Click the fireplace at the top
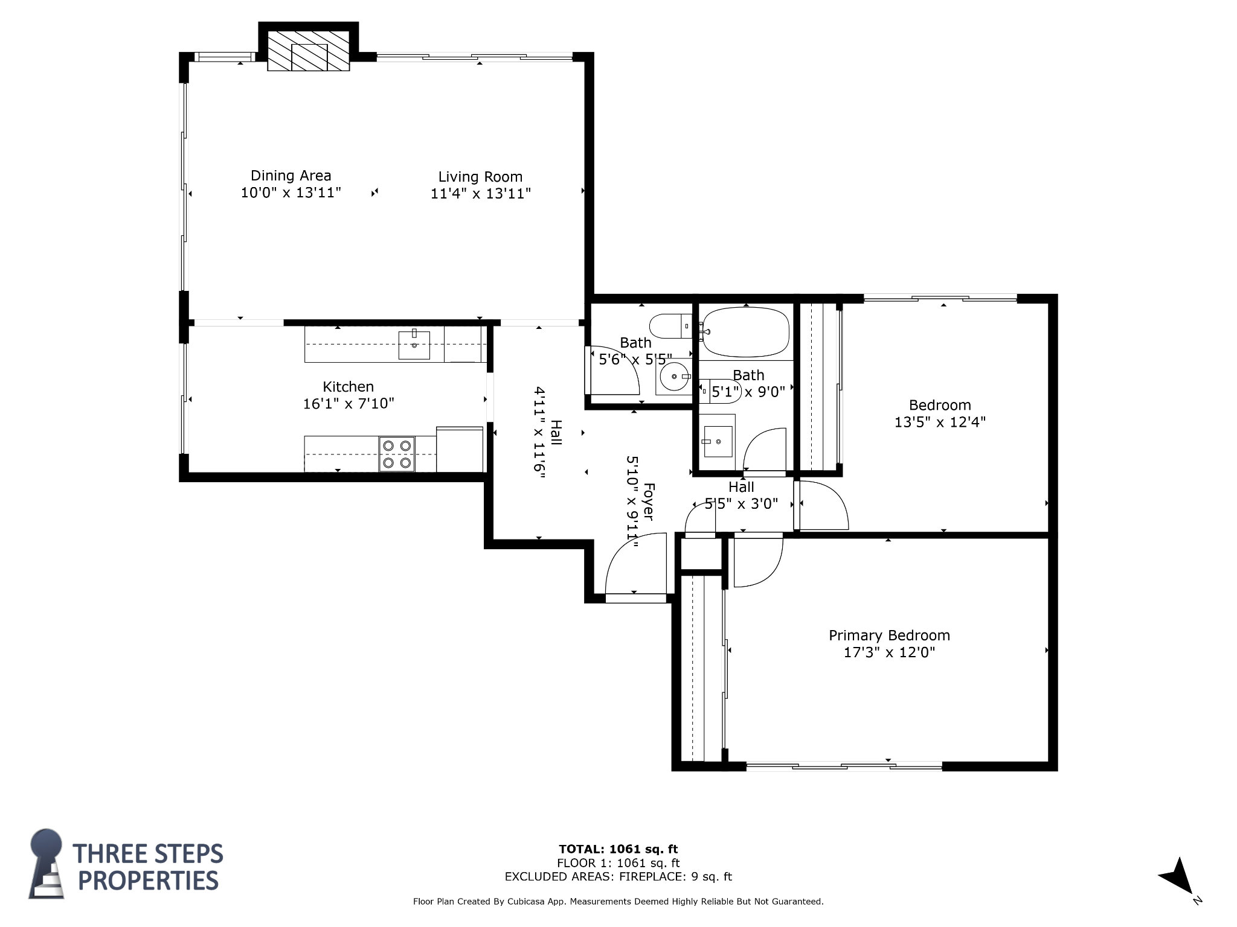tap(309, 51)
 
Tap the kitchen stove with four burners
tap(397, 454)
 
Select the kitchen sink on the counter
tap(414, 345)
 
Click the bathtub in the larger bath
tap(747, 332)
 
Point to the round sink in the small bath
tap(674, 377)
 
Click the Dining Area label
tap(291, 176)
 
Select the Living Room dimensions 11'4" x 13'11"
tap(481, 194)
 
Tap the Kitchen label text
tap(349, 387)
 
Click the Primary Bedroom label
tap(889, 636)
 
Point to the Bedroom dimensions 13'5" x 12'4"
tap(940, 422)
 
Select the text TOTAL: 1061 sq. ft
tap(618, 849)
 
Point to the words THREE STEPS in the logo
tap(148, 853)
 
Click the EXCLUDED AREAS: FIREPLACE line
tap(618, 876)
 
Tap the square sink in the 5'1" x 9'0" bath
tap(718, 441)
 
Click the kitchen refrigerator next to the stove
tap(460, 450)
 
